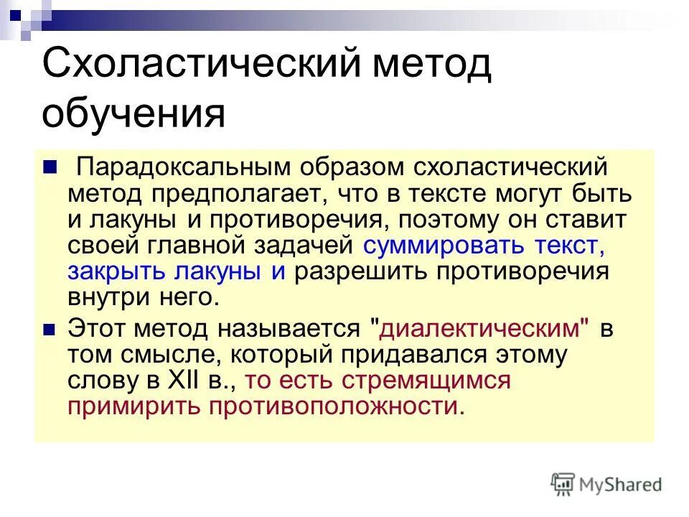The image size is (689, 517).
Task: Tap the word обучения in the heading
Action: click(x=133, y=113)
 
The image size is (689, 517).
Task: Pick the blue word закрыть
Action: click(x=109, y=271)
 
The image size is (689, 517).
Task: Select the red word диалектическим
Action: click(x=479, y=328)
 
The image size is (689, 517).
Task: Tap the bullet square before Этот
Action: click(x=50, y=328)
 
